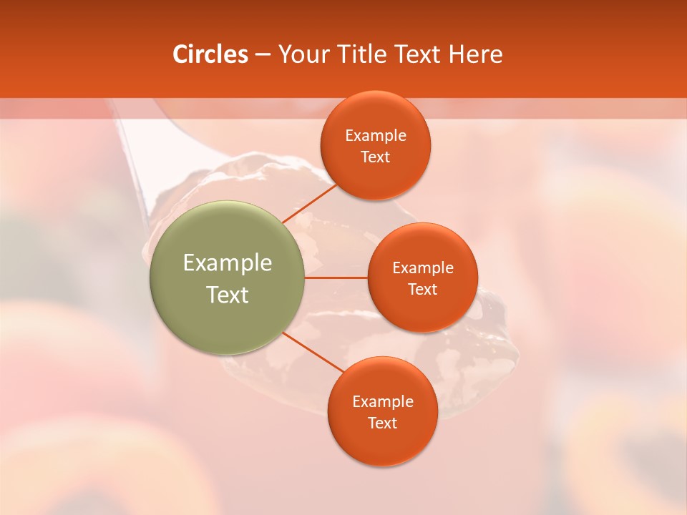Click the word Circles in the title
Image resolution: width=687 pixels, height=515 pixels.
point(210,54)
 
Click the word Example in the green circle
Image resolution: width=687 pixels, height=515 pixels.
point(228,263)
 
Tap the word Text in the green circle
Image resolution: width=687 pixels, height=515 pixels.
point(228,295)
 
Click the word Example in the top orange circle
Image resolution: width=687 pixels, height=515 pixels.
point(376,136)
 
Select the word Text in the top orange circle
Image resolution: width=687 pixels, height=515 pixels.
point(376,157)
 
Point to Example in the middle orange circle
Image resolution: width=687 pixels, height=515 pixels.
point(423,268)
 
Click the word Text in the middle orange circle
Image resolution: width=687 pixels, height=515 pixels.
point(423,290)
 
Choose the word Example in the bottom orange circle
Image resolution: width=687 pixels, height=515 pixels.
point(383,402)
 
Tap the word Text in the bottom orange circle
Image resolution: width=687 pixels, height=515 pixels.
point(383,423)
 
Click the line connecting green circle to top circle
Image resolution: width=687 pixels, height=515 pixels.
point(309,203)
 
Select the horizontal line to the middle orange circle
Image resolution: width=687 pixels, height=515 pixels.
point(336,278)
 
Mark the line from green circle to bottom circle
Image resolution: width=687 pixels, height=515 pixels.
point(313,352)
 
